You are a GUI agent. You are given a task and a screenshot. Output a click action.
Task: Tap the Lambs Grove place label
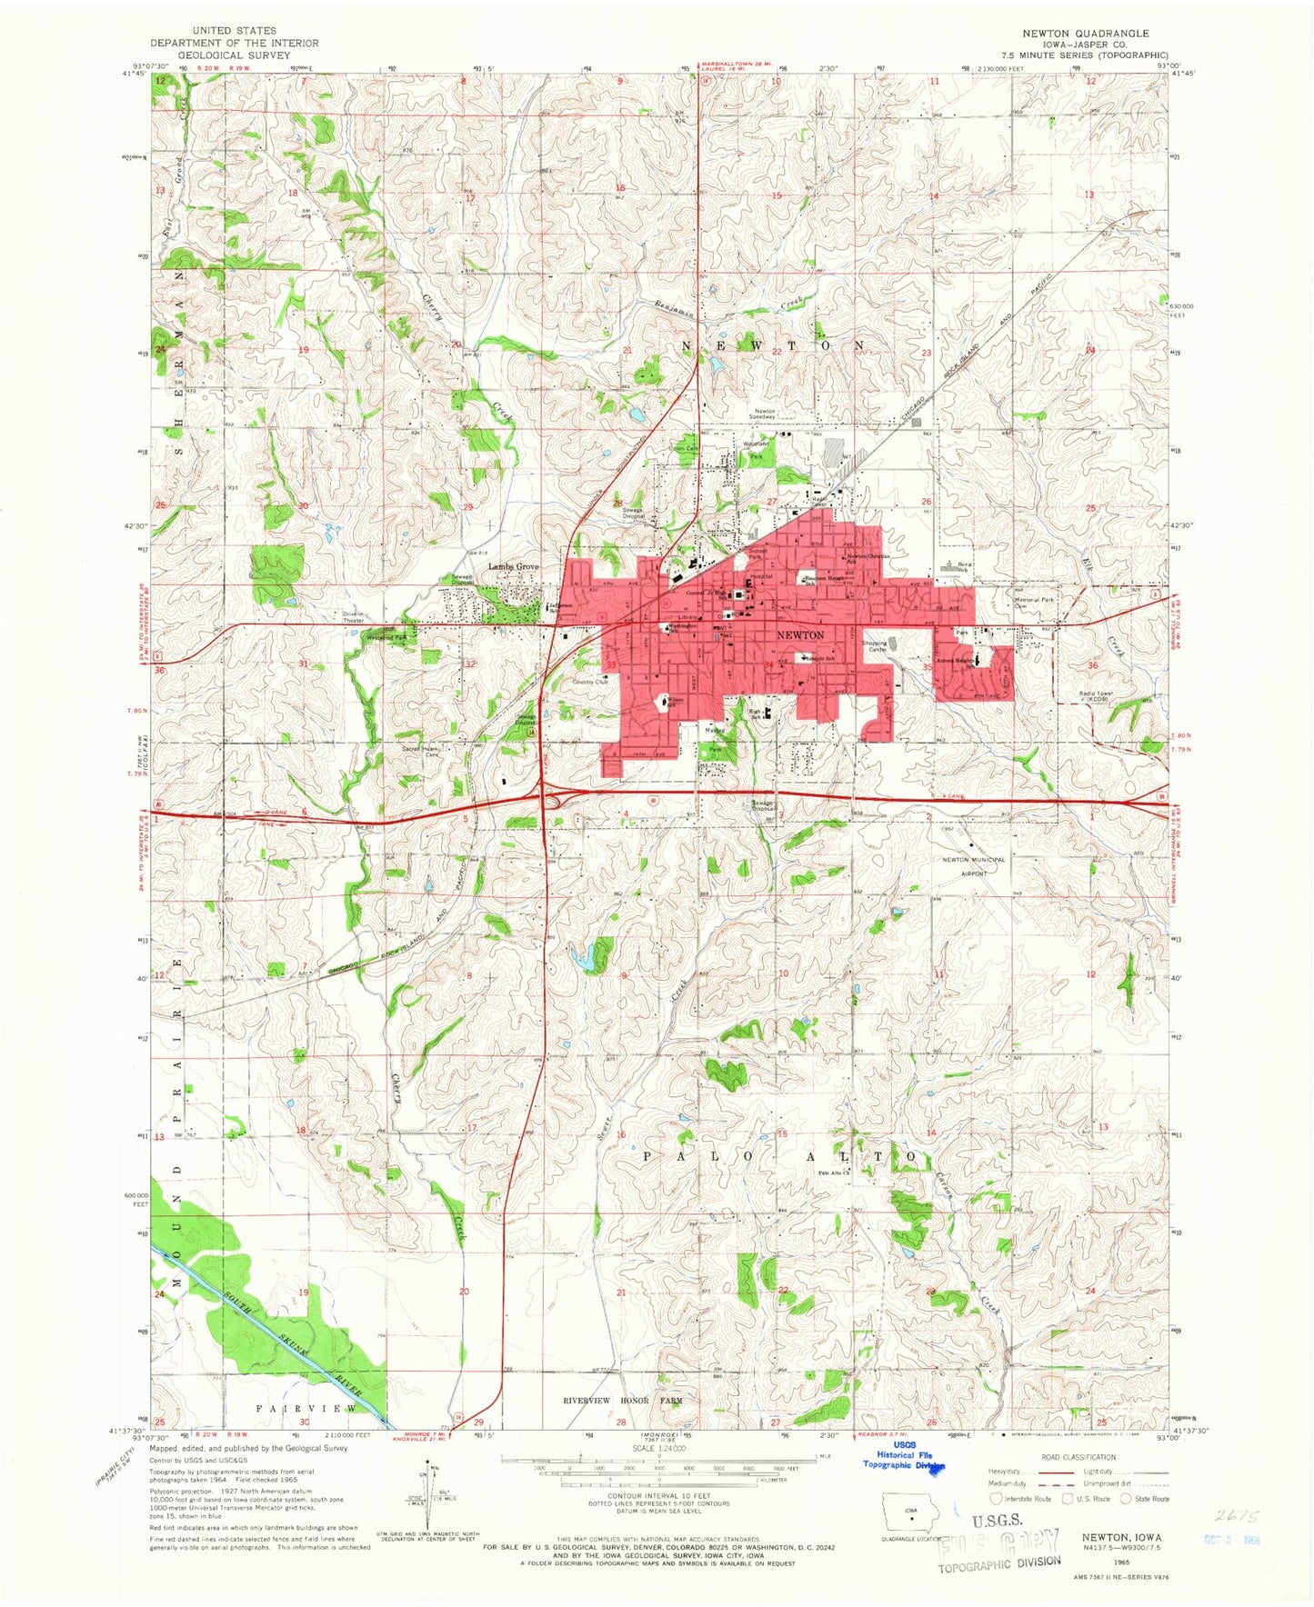(514, 566)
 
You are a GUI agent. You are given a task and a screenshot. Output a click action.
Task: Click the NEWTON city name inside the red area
(800, 634)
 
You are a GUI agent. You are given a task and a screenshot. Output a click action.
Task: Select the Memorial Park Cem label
(1034, 602)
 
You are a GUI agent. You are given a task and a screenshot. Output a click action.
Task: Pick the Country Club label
(589, 682)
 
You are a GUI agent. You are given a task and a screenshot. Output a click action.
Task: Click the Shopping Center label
(874, 646)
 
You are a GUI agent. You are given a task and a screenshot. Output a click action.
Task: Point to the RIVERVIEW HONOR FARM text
(622, 1401)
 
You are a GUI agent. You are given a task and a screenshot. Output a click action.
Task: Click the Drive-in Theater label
(353, 616)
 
